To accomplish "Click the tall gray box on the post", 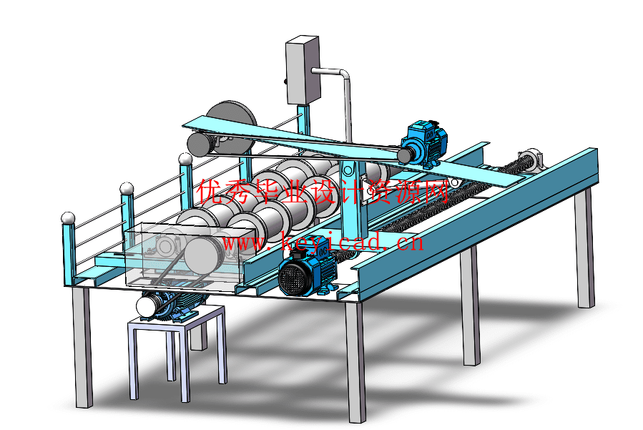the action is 303,69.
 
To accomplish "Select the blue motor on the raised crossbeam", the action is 423,143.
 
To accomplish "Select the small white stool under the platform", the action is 177,353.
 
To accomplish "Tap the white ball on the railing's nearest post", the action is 68,218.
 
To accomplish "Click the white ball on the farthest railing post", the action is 185,160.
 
